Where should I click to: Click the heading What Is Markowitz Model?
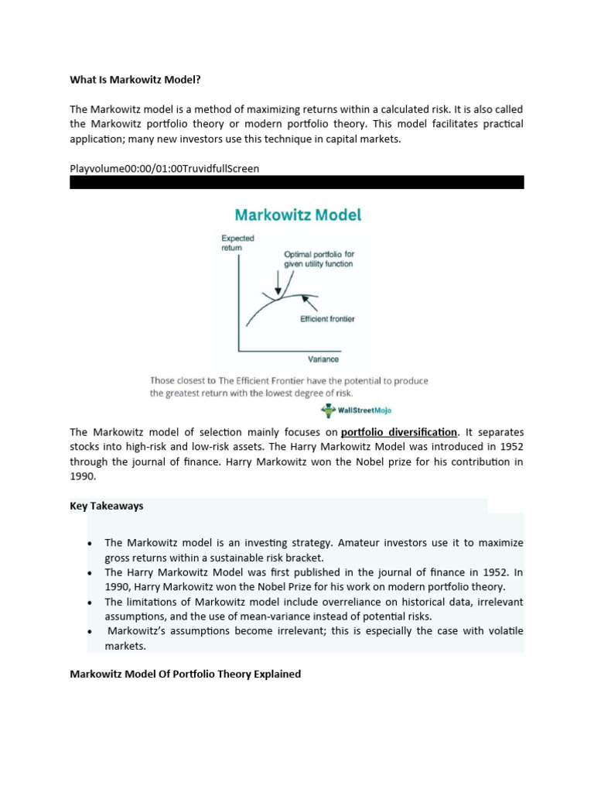point(140,80)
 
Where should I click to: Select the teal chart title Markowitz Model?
point(298,215)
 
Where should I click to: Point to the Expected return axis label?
point(237,243)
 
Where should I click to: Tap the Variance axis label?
point(324,359)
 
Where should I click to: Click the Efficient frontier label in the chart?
point(327,319)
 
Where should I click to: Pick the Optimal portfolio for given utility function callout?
point(318,259)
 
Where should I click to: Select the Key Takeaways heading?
point(107,506)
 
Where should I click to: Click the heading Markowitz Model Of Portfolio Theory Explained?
point(185,674)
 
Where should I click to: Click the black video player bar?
point(297,182)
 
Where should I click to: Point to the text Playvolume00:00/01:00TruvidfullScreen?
point(165,168)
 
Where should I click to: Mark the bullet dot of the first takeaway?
point(90,543)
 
